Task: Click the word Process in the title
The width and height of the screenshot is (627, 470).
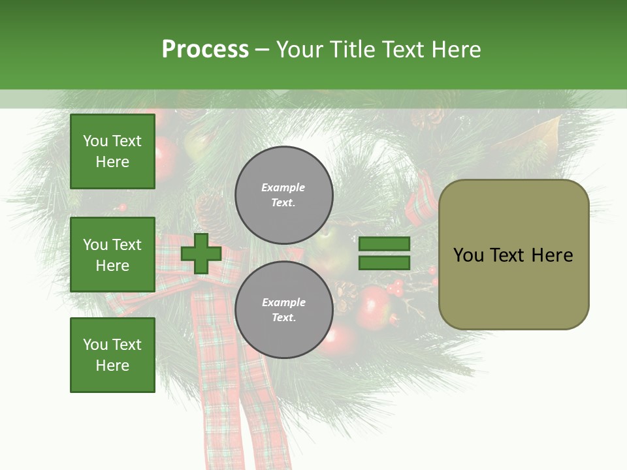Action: point(205,50)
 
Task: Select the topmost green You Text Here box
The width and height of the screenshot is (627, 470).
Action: point(112,151)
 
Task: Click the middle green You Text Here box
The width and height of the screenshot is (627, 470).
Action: point(112,255)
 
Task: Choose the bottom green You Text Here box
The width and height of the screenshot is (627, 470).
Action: point(112,355)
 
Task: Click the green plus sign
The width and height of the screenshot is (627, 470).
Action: point(201,253)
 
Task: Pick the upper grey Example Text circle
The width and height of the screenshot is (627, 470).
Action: point(283,195)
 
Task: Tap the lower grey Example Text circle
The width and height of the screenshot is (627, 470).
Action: point(283,310)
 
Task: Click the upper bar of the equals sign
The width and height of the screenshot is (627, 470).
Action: point(384,243)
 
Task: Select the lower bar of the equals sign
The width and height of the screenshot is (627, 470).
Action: point(384,263)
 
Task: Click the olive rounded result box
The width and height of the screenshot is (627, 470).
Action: point(513,287)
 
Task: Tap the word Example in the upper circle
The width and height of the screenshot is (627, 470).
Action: point(283,187)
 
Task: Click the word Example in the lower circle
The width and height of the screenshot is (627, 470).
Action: point(283,302)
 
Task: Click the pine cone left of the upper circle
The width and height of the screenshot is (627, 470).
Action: point(213,209)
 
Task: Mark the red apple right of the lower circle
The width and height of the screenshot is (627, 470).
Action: point(373,301)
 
